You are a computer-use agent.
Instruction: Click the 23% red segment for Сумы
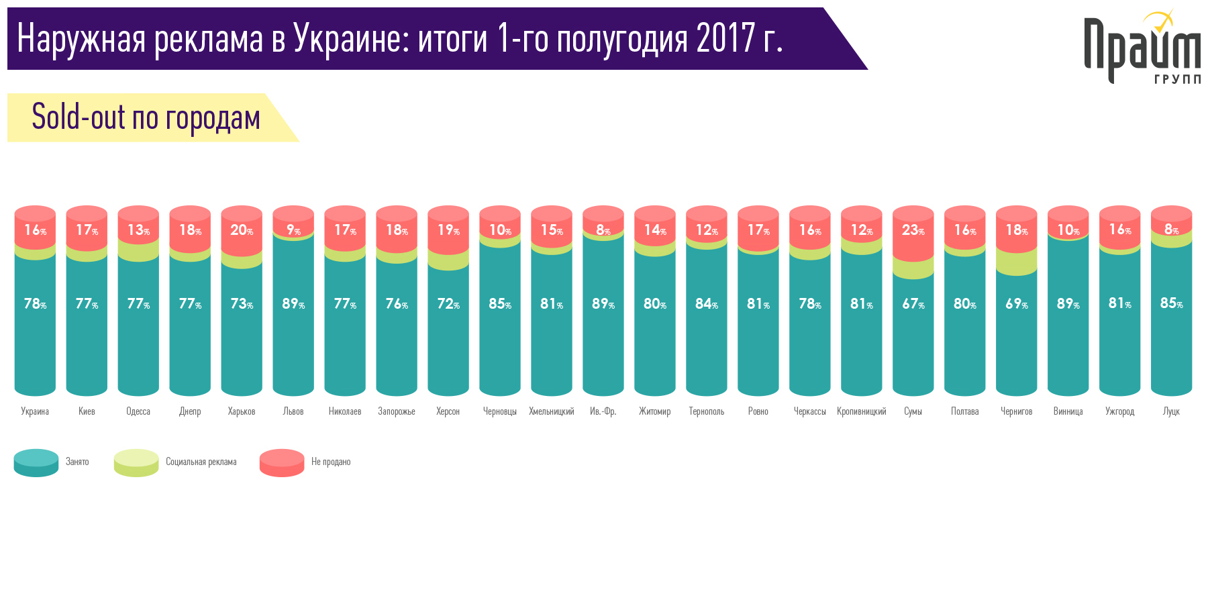click(913, 231)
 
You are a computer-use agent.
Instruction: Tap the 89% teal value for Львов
click(293, 304)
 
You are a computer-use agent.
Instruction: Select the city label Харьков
click(242, 411)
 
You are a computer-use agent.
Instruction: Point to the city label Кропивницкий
click(861, 411)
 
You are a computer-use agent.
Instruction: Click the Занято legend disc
click(36, 462)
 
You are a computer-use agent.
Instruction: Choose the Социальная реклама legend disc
click(136, 462)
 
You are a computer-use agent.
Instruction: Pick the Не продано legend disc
click(282, 462)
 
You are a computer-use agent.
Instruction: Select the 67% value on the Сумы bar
click(913, 304)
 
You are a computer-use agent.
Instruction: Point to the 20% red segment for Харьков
click(242, 231)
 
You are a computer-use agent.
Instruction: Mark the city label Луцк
click(1171, 411)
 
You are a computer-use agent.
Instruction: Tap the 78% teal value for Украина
click(35, 304)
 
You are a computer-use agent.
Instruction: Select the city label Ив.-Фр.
click(603, 411)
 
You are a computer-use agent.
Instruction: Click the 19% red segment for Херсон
click(448, 231)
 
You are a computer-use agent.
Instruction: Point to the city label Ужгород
click(1119, 411)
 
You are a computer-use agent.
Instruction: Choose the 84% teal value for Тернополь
click(706, 304)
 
